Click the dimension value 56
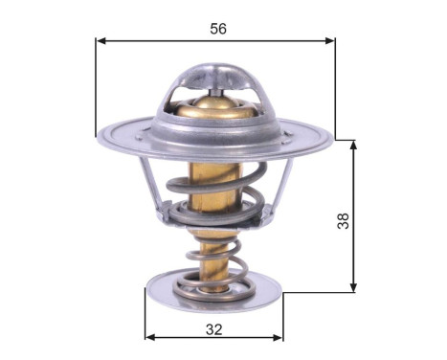click(x=217, y=29)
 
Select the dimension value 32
click(x=213, y=329)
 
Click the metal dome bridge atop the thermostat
click(x=218, y=76)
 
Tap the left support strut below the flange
click(x=149, y=188)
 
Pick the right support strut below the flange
click(x=281, y=186)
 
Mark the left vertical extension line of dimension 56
click(x=97, y=86)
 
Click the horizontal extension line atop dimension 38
click(x=345, y=140)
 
